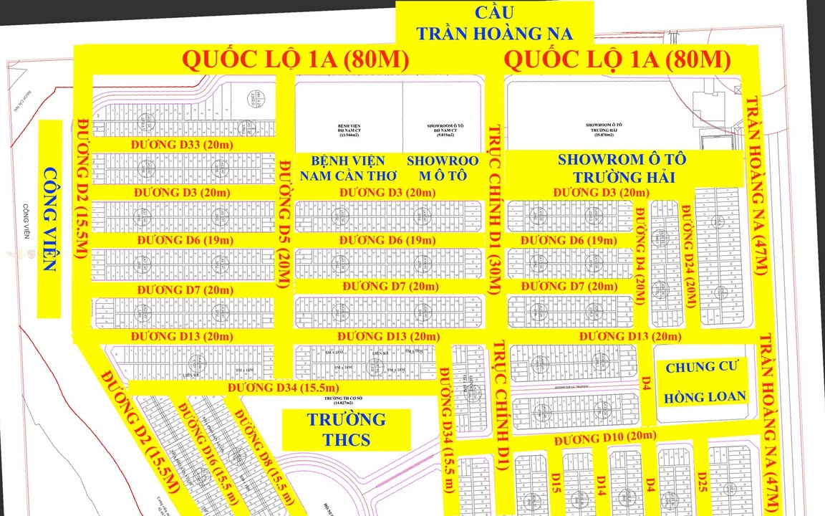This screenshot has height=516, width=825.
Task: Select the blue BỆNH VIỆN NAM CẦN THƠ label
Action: point(342,168)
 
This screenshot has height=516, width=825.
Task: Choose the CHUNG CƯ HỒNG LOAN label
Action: point(705,382)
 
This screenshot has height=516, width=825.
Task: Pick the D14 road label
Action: point(601,479)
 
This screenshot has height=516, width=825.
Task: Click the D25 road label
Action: point(703,479)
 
